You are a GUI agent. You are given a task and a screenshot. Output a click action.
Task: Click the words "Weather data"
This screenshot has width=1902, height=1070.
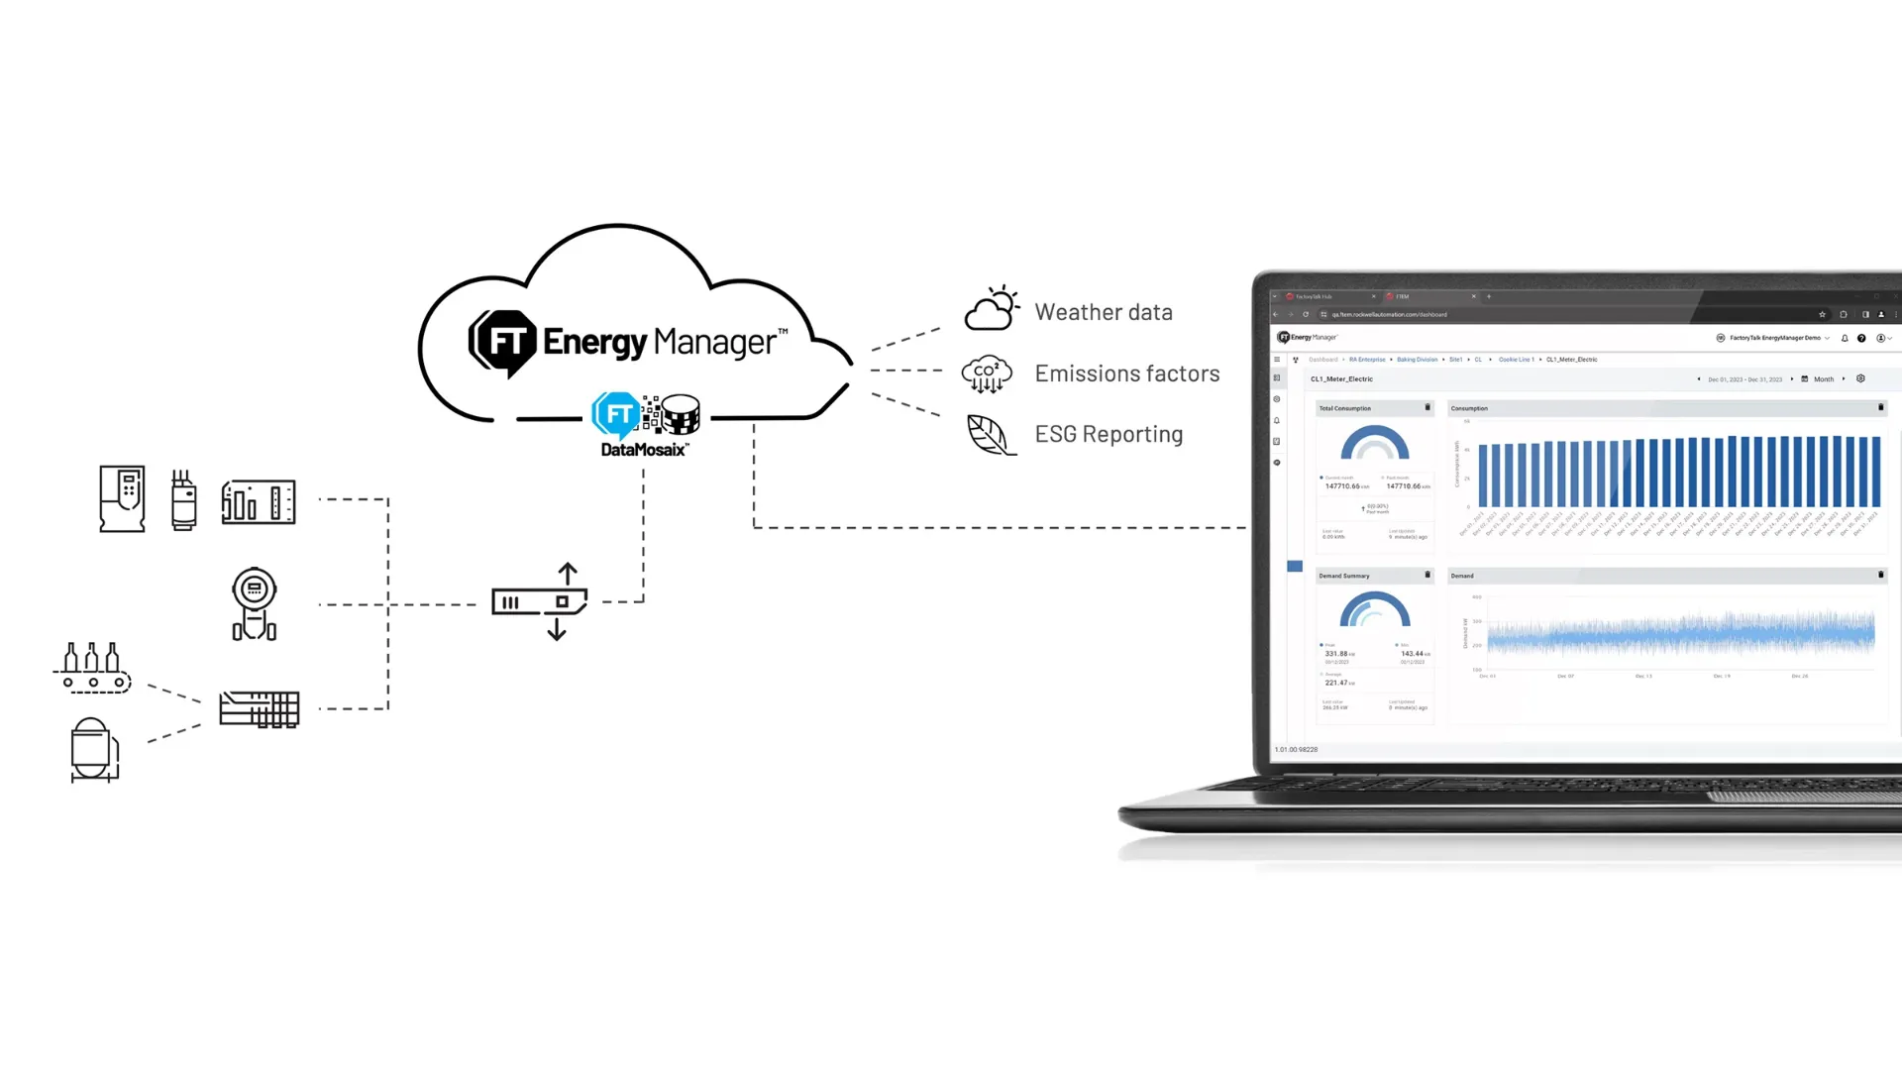[x=1103, y=312]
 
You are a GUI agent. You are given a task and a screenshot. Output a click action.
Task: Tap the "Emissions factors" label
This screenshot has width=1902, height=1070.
[x=1126, y=374]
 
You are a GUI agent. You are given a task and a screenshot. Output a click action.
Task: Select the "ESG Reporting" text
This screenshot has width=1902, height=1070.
[x=1109, y=434]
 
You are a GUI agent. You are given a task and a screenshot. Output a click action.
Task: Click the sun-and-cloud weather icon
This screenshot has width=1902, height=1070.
[x=992, y=309]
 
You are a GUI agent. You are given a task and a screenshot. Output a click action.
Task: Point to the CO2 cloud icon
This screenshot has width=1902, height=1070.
[x=987, y=374]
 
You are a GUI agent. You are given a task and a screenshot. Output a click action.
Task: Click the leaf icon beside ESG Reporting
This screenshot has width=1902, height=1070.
[x=990, y=435]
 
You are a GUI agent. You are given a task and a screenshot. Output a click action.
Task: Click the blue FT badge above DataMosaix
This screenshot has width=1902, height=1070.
[x=616, y=415]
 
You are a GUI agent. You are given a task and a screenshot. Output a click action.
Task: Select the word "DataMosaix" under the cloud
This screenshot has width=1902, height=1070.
[x=644, y=450]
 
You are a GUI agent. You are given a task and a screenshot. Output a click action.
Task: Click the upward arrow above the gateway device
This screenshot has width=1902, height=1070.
[x=568, y=574]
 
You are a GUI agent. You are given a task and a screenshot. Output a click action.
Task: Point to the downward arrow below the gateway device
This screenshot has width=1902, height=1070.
[x=557, y=630]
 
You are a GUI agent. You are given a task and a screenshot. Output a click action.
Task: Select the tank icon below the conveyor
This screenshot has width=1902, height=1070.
[x=94, y=749]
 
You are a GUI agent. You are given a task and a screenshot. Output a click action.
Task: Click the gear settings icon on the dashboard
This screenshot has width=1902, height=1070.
[x=1860, y=378]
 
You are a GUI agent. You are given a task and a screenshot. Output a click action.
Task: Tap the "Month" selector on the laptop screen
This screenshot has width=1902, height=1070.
[x=1823, y=379]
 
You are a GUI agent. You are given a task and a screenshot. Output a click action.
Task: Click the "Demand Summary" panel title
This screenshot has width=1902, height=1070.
[x=1343, y=576]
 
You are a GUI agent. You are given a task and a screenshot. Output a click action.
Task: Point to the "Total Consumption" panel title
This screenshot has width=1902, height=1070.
[x=1344, y=408]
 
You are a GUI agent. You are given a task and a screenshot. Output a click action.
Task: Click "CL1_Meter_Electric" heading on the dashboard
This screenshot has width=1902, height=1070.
[x=1341, y=379]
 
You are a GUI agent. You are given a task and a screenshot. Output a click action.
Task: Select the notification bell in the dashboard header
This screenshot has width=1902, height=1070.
[x=1845, y=338]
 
